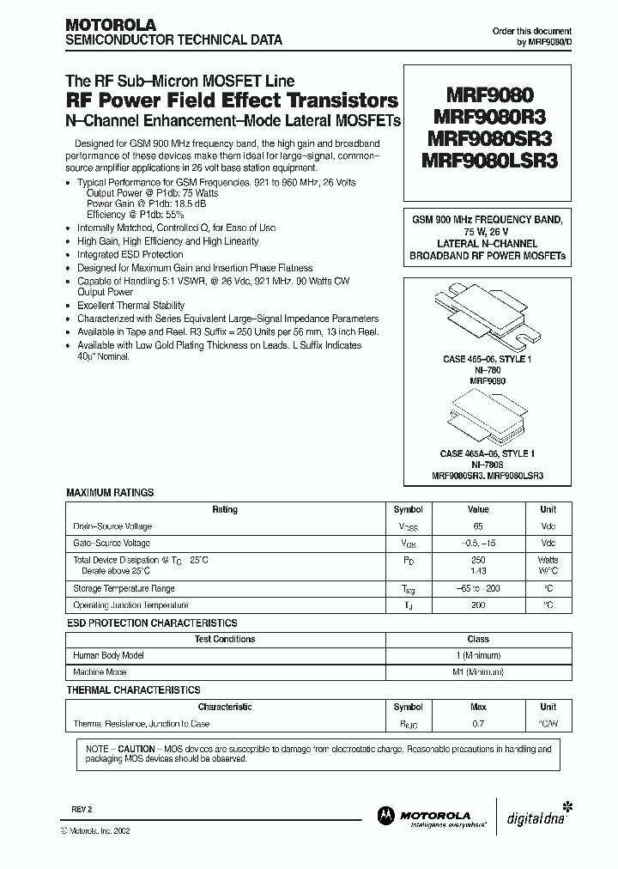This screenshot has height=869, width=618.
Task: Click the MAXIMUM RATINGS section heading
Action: (x=110, y=493)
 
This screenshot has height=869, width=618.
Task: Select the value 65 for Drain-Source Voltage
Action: (x=479, y=526)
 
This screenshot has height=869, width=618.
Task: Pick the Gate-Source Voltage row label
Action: (x=112, y=543)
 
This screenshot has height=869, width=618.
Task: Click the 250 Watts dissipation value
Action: (x=479, y=560)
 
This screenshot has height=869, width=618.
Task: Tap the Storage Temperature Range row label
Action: (x=125, y=589)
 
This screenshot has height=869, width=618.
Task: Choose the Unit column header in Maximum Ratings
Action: (x=548, y=509)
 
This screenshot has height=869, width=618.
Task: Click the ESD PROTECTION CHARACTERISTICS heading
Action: (x=152, y=623)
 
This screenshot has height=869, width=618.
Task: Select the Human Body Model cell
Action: (x=107, y=655)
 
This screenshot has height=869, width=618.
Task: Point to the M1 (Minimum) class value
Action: (x=478, y=671)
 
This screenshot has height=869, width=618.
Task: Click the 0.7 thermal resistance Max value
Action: (x=479, y=724)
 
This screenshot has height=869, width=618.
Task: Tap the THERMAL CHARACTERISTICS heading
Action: (x=133, y=690)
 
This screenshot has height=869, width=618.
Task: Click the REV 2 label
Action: (x=81, y=810)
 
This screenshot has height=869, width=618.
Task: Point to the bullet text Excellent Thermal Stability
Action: (x=130, y=305)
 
